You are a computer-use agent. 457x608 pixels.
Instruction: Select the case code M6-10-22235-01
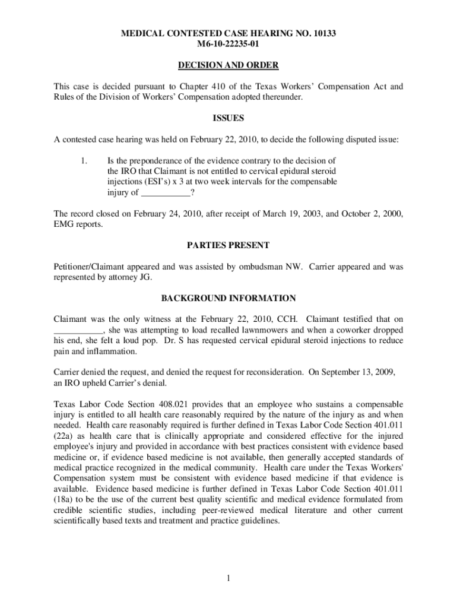228,44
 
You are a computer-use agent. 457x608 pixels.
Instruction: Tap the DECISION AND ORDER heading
228,65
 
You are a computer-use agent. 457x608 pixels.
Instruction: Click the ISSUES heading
228,118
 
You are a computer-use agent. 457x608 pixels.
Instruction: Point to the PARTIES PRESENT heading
228,245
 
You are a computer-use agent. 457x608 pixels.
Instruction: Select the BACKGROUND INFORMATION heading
228,298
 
